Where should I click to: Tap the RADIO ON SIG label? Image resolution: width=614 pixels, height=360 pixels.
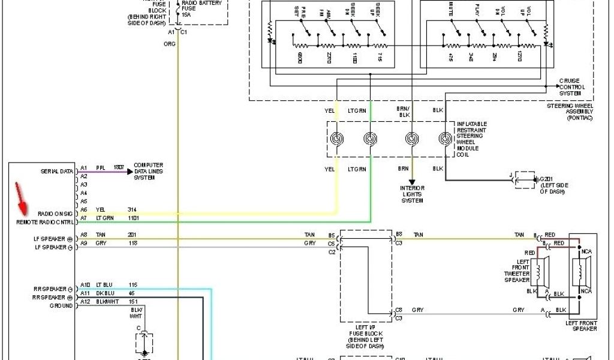55,214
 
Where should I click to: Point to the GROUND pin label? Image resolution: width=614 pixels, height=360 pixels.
61,305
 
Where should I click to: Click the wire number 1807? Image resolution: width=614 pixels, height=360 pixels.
119,169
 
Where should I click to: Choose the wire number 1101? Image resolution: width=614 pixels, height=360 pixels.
133,218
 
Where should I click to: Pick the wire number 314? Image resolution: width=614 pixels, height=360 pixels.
132,209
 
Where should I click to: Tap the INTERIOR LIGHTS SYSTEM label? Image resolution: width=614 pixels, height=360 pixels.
413,194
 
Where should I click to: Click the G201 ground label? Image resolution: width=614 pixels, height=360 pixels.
553,185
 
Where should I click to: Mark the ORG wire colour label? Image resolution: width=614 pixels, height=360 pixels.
170,44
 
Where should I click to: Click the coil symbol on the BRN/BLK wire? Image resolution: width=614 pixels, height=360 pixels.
412,139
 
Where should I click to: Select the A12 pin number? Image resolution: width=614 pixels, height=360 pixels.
85,301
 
